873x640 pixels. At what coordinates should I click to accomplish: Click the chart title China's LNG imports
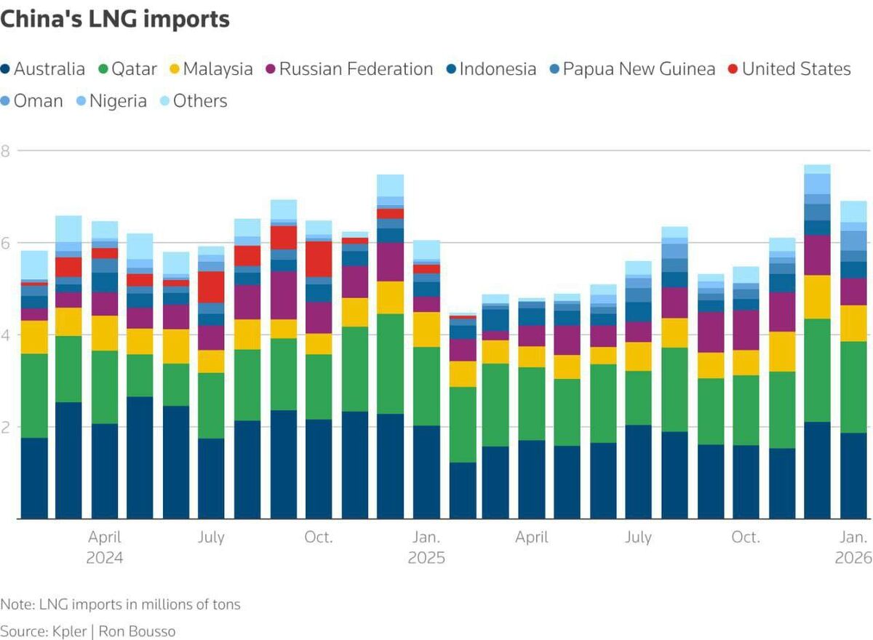(115, 20)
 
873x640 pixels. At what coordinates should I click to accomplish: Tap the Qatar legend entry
(129, 69)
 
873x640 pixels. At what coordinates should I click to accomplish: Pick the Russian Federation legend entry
(348, 69)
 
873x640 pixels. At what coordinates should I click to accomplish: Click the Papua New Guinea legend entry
(631, 69)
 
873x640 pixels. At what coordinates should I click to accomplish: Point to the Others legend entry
(193, 101)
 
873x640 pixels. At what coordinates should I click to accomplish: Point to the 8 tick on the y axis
(5, 151)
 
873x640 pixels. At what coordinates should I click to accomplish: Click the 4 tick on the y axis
(5, 335)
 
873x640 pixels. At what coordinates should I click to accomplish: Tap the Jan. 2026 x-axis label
(854, 548)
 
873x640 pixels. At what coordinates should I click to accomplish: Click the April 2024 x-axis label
(105, 548)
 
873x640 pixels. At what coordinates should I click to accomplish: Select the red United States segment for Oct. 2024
(319, 259)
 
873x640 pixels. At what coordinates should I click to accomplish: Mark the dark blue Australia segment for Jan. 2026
(854, 476)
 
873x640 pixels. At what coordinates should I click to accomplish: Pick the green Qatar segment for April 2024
(105, 388)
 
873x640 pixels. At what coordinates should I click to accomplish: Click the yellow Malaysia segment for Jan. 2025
(426, 329)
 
